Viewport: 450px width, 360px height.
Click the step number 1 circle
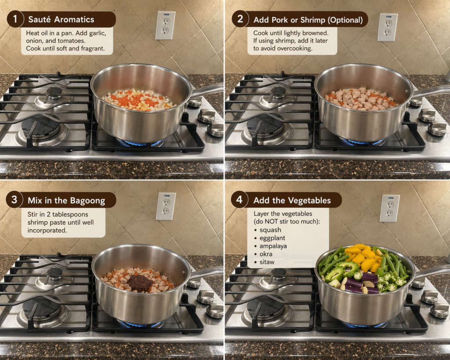15,19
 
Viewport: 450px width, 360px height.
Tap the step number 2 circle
240,19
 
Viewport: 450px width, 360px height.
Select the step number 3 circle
14,200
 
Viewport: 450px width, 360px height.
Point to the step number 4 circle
239,200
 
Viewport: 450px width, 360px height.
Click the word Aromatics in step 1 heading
74,19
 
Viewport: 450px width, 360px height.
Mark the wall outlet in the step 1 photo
165,25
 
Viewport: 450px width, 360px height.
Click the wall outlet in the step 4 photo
390,208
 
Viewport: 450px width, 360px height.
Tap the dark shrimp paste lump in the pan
140,283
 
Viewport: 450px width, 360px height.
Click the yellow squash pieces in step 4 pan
363,258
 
